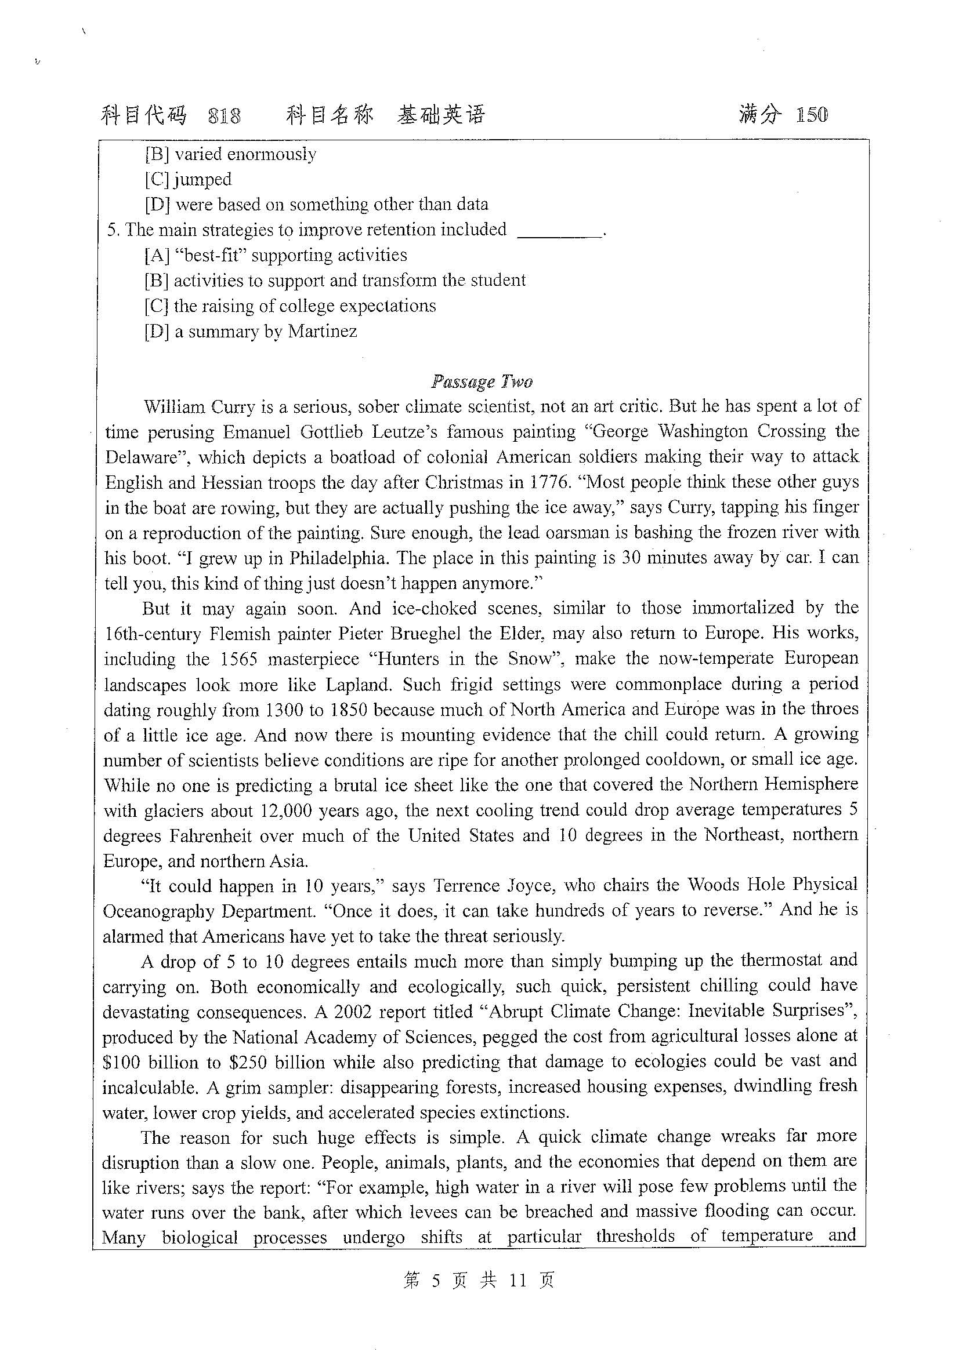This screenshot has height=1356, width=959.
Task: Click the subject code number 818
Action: pos(225,116)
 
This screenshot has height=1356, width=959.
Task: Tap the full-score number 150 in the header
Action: pos(812,115)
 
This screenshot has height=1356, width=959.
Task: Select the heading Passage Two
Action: pos(482,381)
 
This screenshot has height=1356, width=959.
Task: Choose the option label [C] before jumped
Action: pos(157,179)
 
